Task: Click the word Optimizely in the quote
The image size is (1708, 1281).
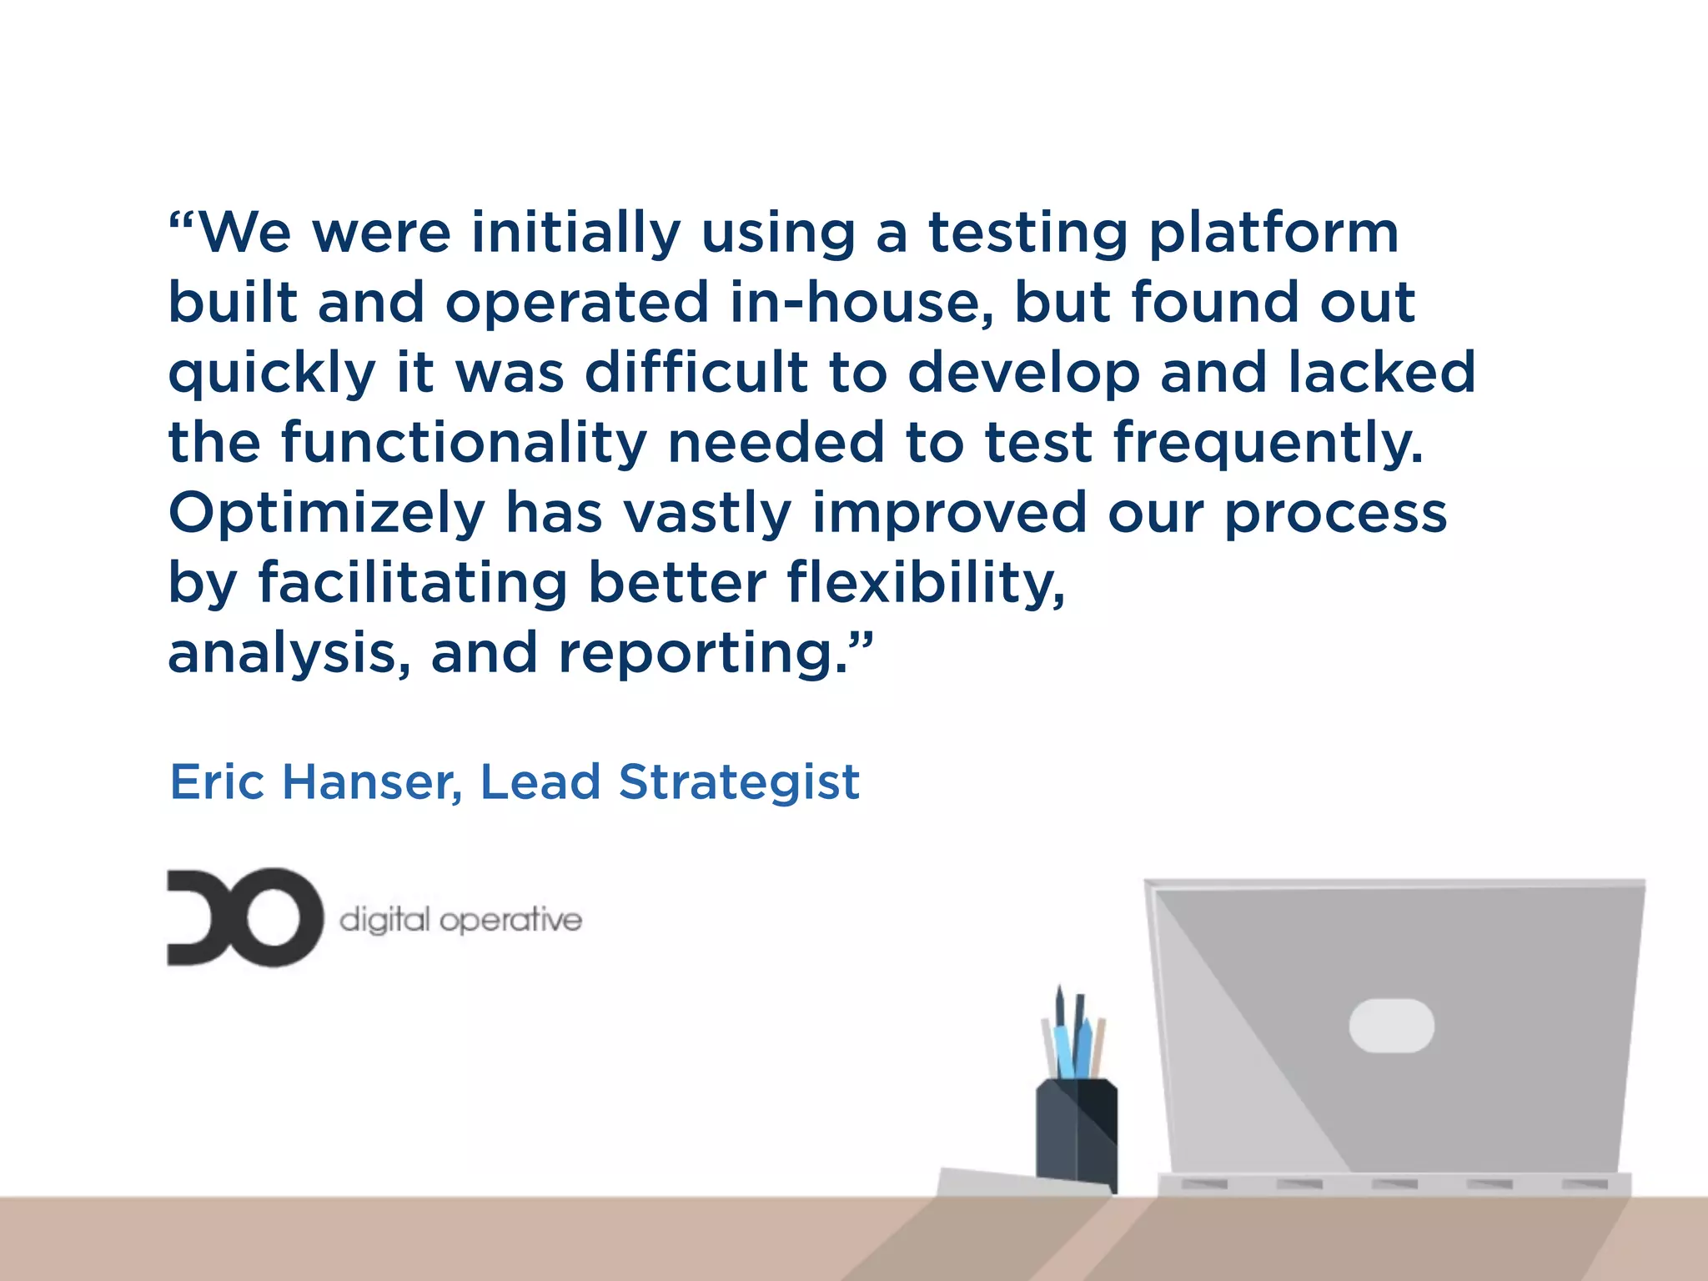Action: tap(327, 514)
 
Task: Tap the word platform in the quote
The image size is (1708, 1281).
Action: tap(1273, 234)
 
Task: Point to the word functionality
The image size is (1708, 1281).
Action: tap(464, 444)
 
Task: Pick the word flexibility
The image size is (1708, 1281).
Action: tap(926, 583)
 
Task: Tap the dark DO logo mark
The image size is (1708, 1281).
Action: tap(244, 917)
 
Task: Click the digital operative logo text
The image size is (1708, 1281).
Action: tap(460, 920)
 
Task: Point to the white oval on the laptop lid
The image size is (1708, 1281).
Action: tap(1391, 1025)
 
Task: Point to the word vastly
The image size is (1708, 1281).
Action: tap(707, 514)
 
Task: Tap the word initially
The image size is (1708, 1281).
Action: tap(575, 234)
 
